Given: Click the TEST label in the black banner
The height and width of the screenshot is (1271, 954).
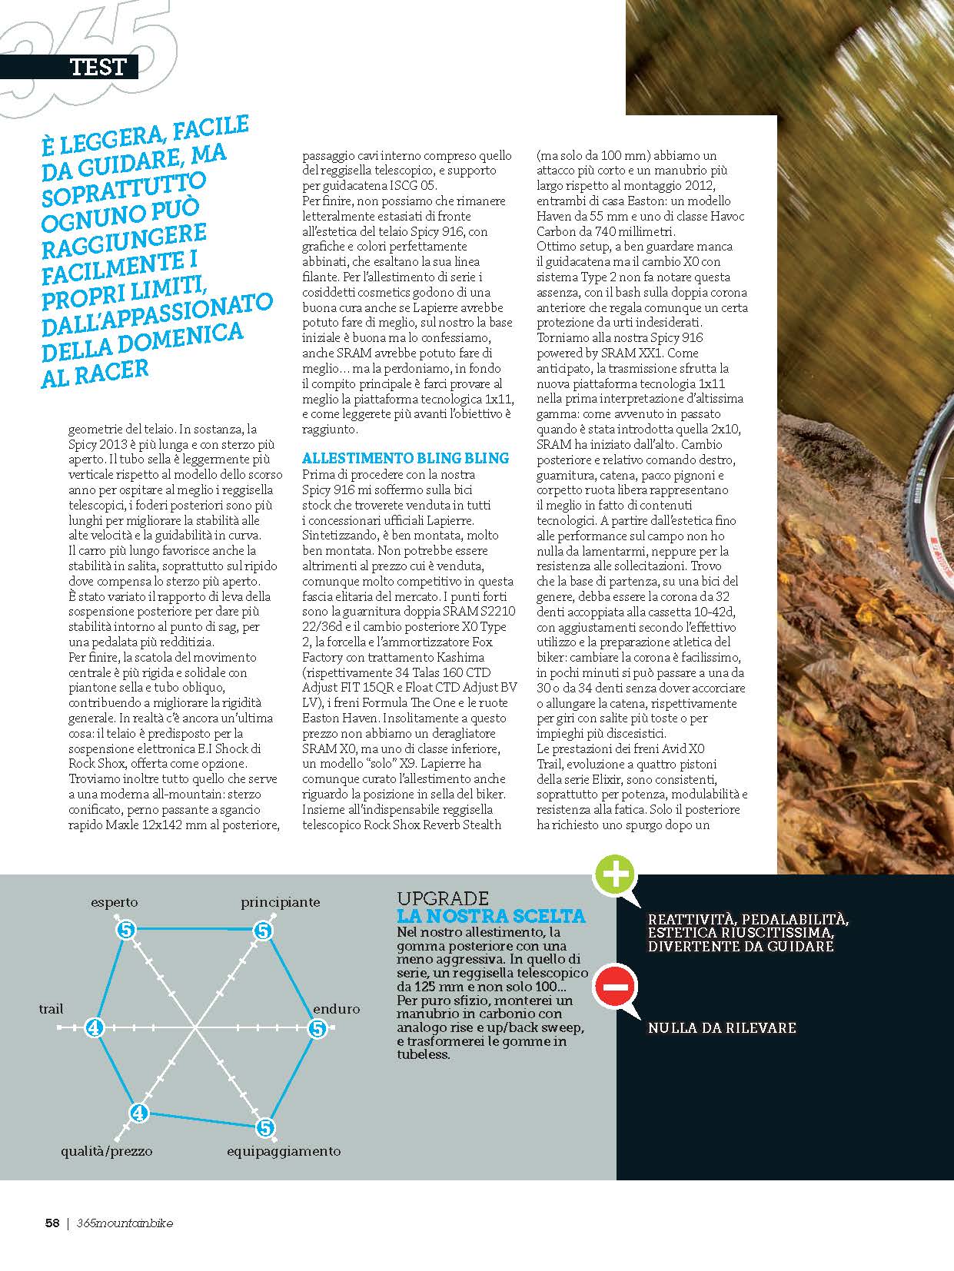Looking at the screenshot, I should tap(97, 67).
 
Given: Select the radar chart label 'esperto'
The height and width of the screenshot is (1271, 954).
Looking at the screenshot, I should tap(115, 902).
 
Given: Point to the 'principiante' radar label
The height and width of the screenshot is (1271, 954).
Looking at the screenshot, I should tap(281, 902).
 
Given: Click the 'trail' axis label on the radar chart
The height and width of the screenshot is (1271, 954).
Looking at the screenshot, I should tap(52, 1009).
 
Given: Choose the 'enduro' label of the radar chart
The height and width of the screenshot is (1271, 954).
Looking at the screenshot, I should tap(336, 1009).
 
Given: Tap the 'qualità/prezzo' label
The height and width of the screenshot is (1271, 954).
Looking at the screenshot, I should tap(107, 1151).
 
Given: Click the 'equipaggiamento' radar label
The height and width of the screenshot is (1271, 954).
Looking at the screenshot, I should tap(284, 1151).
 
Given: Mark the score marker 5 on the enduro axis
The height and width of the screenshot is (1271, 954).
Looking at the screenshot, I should tap(317, 1028).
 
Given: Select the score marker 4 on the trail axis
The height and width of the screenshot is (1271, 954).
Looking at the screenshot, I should tap(94, 1027).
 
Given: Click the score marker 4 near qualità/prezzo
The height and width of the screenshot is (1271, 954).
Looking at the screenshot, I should tap(138, 1112).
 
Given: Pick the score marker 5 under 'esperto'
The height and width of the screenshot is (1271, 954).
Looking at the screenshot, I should tap(126, 931).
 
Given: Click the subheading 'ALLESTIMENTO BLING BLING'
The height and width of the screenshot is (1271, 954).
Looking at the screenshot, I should tap(405, 458).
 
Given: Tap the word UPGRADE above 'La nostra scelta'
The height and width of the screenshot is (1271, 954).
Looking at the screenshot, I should tap(443, 898).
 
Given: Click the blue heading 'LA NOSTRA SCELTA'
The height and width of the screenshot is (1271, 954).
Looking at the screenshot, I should tap(490, 916).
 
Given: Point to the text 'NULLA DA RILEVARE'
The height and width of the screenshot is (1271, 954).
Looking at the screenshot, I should tap(722, 1027).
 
